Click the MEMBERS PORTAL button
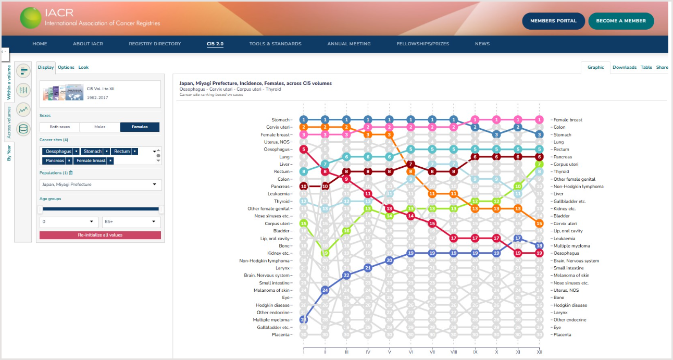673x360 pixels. click(x=553, y=21)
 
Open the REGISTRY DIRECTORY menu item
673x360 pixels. click(x=155, y=44)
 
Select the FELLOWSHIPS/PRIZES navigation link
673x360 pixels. click(x=422, y=44)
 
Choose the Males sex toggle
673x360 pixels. click(x=99, y=127)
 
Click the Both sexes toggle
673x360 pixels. click(x=60, y=127)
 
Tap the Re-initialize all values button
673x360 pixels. click(x=100, y=235)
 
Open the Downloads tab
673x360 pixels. click(x=624, y=67)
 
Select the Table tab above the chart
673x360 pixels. click(x=646, y=67)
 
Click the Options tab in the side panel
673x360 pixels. click(x=66, y=67)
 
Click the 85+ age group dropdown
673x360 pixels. click(x=131, y=222)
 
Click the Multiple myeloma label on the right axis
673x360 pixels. click(x=571, y=246)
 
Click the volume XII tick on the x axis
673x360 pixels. click(x=539, y=352)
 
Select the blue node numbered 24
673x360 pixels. click(x=325, y=290)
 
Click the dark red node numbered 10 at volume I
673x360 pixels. click(x=304, y=187)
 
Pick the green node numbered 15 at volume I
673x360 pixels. click(x=304, y=224)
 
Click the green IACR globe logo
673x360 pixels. click(x=30, y=18)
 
